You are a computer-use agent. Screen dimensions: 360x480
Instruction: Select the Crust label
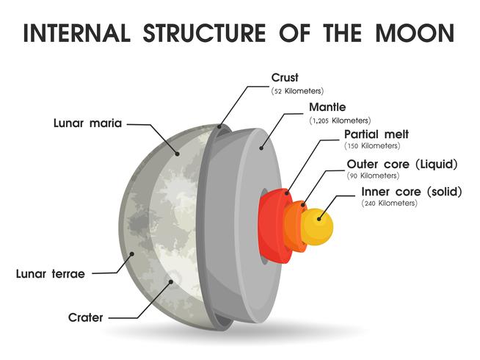coord(284,76)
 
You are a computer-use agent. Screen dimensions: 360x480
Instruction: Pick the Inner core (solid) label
coord(412,192)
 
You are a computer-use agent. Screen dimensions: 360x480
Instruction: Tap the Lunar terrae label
coord(51,274)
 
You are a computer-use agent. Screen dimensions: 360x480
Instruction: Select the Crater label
coord(86,317)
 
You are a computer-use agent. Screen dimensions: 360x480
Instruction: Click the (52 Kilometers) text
coord(297,91)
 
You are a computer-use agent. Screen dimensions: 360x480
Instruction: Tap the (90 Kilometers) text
coord(373,176)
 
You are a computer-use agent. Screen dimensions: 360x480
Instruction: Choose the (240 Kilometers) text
coord(390,204)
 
